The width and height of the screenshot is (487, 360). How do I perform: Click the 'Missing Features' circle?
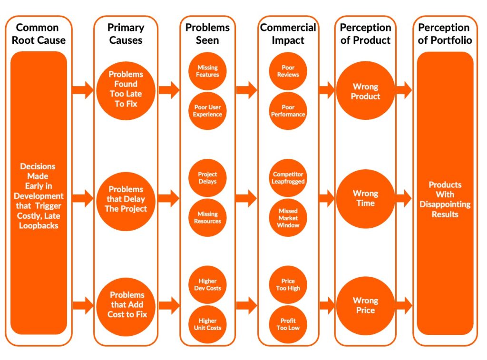(x=207, y=71)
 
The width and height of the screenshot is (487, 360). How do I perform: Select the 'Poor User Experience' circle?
(x=207, y=111)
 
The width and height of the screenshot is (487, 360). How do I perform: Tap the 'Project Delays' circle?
(x=207, y=178)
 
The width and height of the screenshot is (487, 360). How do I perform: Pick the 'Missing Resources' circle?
(x=207, y=218)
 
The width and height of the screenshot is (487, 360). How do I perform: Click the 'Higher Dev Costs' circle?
(x=207, y=285)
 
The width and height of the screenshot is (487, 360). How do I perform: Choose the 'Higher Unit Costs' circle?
(x=207, y=324)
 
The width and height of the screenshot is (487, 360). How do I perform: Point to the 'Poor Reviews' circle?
(x=288, y=71)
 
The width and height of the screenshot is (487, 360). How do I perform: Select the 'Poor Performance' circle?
(x=288, y=111)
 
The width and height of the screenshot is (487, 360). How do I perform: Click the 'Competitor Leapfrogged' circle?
(x=288, y=178)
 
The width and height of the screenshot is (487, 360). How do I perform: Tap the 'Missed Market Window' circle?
(x=288, y=218)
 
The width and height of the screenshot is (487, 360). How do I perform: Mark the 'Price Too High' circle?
(x=288, y=285)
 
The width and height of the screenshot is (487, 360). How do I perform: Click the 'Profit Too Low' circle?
(x=288, y=324)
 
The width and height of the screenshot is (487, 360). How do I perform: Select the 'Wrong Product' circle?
(x=365, y=91)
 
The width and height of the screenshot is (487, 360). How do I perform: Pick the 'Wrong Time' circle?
(x=365, y=198)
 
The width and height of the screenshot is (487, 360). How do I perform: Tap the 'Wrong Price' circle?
(x=365, y=305)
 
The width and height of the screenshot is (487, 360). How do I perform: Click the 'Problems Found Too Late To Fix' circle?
(x=126, y=89)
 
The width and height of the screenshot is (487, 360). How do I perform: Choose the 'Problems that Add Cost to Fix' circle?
(x=126, y=305)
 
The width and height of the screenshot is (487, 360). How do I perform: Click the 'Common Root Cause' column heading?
(x=38, y=34)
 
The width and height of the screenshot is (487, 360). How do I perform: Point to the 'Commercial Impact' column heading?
(x=288, y=34)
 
